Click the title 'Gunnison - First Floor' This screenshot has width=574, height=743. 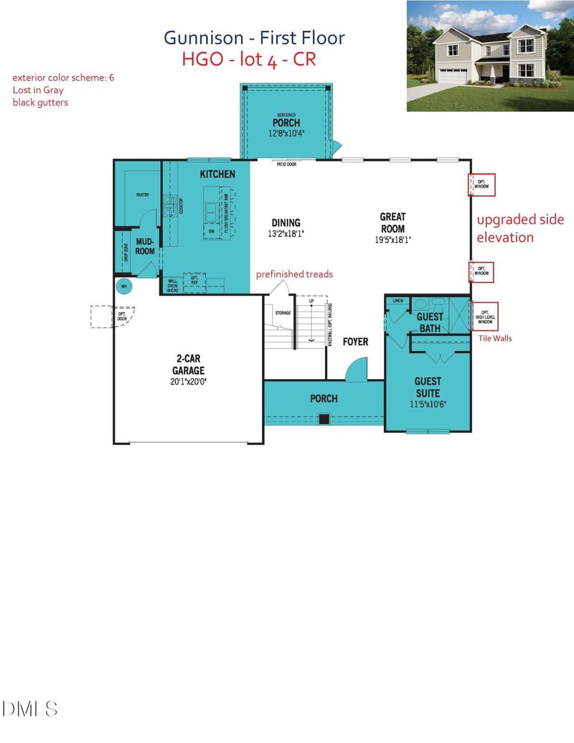pos(254,37)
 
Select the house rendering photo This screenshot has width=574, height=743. pos(490,56)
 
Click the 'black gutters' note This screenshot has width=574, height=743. pos(40,103)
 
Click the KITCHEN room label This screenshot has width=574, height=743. pos(217,174)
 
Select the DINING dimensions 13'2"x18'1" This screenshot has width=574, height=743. pos(286,233)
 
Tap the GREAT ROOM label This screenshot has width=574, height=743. pos(392,223)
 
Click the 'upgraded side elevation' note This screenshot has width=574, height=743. pos(520,228)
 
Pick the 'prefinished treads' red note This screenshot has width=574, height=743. pos(294,274)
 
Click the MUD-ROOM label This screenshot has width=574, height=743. pos(145,247)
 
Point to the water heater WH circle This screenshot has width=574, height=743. pos(124,286)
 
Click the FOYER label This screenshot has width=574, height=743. pos(355,342)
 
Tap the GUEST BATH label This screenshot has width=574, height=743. pos(430,322)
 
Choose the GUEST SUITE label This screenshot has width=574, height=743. pos(428,386)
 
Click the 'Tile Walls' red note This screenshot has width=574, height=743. pos(494,338)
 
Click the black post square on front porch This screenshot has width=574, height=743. pos(324,419)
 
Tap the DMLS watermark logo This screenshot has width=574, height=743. pos(30,709)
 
